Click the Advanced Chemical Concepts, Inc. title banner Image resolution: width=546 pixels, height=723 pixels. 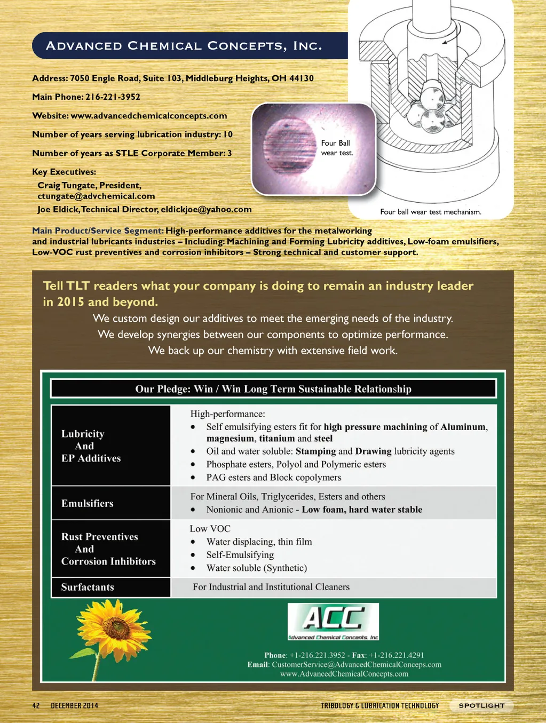click(x=184, y=46)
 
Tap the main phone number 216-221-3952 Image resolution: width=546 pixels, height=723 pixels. click(x=113, y=97)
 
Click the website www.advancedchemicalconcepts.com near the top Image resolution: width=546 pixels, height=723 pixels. click(x=149, y=116)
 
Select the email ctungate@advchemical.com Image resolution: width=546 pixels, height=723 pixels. click(x=96, y=196)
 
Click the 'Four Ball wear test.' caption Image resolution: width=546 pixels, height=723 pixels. click(x=337, y=148)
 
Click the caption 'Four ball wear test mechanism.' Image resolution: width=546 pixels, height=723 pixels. click(x=431, y=212)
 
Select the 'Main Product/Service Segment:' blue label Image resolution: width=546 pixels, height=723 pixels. click(x=98, y=231)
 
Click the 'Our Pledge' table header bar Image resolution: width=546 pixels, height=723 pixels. click(x=273, y=388)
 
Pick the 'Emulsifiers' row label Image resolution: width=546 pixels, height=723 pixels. click(x=88, y=503)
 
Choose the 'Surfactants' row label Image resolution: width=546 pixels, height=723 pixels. click(x=88, y=587)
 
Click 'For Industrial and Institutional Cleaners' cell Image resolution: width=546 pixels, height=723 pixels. click(x=271, y=587)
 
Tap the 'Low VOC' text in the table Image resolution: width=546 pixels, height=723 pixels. click(x=210, y=529)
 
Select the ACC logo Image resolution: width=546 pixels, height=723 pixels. click(x=334, y=621)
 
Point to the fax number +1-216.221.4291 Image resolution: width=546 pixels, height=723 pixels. click(x=396, y=655)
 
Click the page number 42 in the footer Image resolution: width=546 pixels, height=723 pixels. click(x=36, y=705)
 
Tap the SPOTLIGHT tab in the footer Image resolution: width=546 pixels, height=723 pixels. click(x=481, y=705)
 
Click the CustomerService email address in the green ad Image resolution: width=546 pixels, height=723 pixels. click(x=357, y=664)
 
